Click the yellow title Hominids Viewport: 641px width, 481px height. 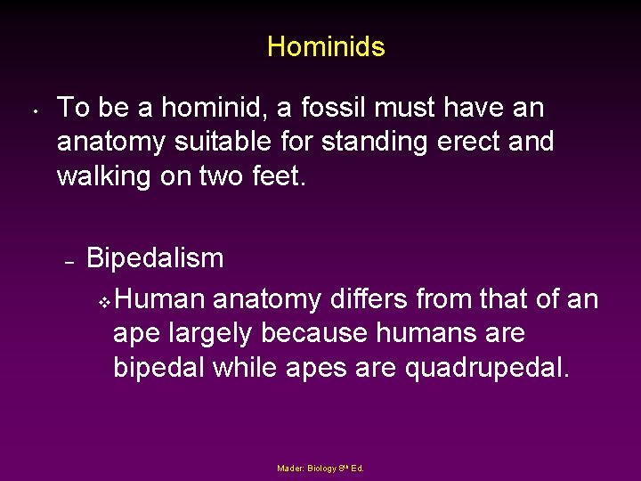click(326, 46)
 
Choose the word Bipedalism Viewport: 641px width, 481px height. click(155, 258)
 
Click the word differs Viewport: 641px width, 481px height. click(376, 299)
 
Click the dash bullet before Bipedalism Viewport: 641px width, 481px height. click(69, 262)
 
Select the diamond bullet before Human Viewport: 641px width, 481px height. click(104, 303)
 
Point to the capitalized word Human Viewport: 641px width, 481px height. click(160, 299)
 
